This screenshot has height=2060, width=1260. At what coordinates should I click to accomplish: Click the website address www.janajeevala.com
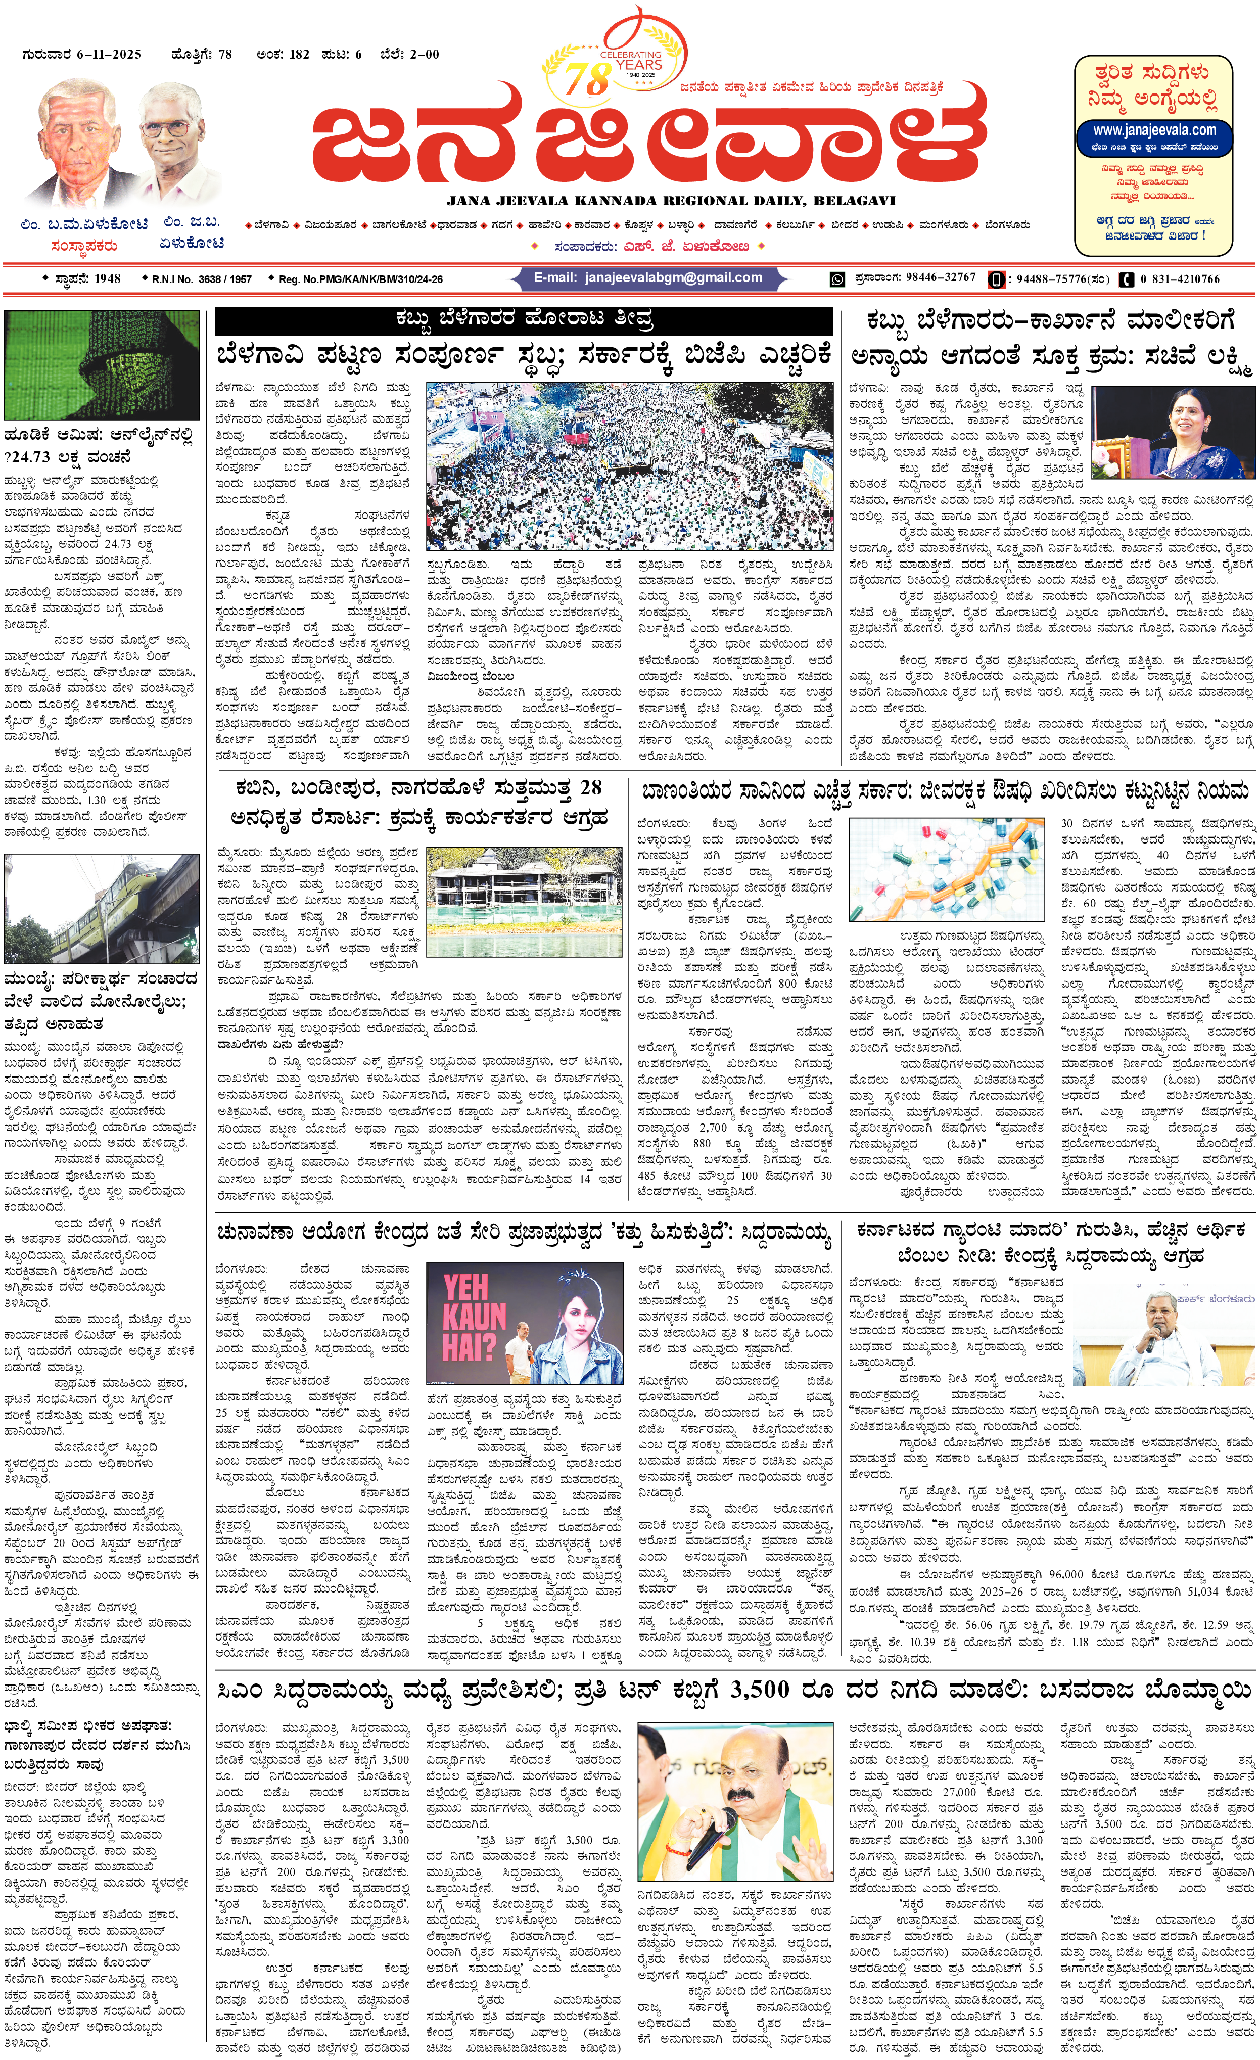pos(1154,130)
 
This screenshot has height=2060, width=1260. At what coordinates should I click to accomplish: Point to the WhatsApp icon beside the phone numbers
pos(837,279)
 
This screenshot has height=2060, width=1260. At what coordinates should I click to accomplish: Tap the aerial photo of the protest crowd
pos(630,465)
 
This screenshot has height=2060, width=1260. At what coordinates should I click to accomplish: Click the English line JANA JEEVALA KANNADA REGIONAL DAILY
pos(671,201)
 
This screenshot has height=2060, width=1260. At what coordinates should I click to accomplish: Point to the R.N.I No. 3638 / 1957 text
pos(201,279)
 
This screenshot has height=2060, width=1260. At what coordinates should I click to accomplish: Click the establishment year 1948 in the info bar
pos(107,278)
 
